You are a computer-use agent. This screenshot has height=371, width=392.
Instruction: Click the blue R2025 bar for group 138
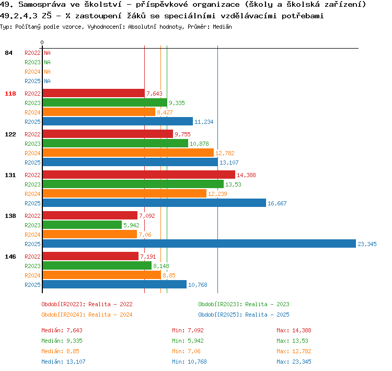199,244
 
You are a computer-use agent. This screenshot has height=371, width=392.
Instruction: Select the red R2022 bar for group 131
139,175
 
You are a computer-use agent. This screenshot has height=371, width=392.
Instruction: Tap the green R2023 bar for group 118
105,103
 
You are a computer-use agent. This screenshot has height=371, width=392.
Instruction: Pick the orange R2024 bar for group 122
128,153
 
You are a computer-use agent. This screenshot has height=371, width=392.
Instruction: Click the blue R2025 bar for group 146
114,284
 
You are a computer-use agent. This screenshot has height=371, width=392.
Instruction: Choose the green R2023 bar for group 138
82,225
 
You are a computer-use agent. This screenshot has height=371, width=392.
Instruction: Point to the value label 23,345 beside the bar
367,244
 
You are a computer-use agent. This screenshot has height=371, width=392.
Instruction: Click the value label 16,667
277,203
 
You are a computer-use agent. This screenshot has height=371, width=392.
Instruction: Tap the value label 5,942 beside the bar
131,225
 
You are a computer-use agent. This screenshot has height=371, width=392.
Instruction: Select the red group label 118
10,94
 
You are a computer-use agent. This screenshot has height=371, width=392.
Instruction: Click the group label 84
8,53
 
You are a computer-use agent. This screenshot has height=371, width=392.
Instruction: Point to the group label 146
10,257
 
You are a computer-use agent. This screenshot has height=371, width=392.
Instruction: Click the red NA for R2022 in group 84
47,53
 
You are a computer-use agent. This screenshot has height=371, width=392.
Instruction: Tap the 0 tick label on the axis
42,42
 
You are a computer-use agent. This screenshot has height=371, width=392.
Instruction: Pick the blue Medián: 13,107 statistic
63,362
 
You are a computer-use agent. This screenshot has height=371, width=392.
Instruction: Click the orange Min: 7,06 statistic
186,351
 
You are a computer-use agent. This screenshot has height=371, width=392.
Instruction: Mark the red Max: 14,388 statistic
294,330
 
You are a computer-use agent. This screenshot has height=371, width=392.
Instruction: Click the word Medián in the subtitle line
222,27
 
